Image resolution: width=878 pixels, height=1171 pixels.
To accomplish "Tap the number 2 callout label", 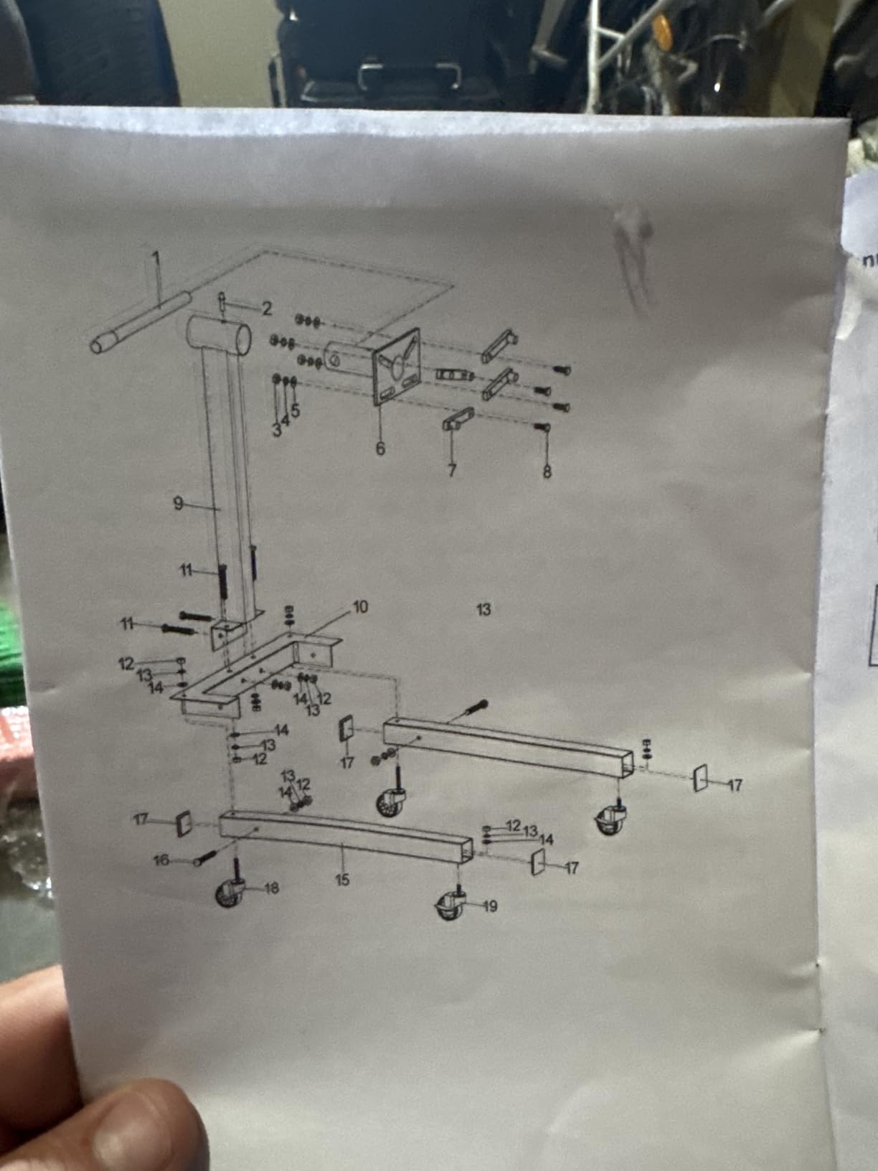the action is [x=266, y=308].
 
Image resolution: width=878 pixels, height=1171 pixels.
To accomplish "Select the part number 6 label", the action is [x=380, y=448].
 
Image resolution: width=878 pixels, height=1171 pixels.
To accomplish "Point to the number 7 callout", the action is [x=452, y=470].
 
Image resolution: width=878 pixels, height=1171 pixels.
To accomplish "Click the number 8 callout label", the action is [x=547, y=471].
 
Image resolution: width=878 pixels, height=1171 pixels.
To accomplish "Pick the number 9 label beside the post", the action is [x=178, y=503].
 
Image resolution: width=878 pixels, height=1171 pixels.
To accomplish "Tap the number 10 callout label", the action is [x=360, y=607].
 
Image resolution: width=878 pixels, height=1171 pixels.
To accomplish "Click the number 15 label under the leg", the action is [x=342, y=879].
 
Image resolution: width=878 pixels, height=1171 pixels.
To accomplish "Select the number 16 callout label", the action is [x=161, y=860].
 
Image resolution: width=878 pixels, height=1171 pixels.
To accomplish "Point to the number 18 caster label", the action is [x=271, y=888].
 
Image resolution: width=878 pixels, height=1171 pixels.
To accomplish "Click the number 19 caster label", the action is [x=490, y=906].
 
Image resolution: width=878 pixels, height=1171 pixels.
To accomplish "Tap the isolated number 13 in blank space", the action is [x=483, y=609].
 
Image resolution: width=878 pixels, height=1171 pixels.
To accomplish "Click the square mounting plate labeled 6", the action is [x=397, y=367].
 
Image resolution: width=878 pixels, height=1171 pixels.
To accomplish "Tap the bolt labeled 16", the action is [x=205, y=857].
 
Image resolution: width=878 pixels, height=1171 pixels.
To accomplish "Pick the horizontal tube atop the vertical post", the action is [x=219, y=335].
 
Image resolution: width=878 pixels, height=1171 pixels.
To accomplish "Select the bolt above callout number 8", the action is [x=543, y=426].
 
